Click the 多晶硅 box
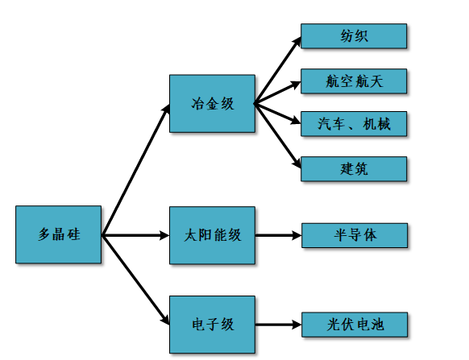[x=58, y=234]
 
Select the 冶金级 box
[x=212, y=103]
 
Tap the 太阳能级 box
[x=212, y=235]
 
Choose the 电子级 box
[x=212, y=325]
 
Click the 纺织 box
[x=354, y=36]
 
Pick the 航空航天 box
[x=354, y=81]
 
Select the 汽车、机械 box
[x=354, y=124]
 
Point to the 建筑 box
[x=354, y=168]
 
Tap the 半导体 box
[x=355, y=235]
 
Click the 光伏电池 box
[x=355, y=325]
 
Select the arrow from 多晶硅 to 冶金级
[x=136, y=170]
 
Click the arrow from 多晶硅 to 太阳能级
[x=135, y=235]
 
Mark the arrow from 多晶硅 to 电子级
[x=136, y=280]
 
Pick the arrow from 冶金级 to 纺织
[x=278, y=70]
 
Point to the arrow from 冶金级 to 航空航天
[x=278, y=93]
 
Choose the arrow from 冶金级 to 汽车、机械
[x=278, y=113]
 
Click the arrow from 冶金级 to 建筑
[x=278, y=136]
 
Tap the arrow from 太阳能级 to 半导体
[x=279, y=235]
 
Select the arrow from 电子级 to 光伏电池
[x=279, y=325]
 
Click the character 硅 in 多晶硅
[x=73, y=234]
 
